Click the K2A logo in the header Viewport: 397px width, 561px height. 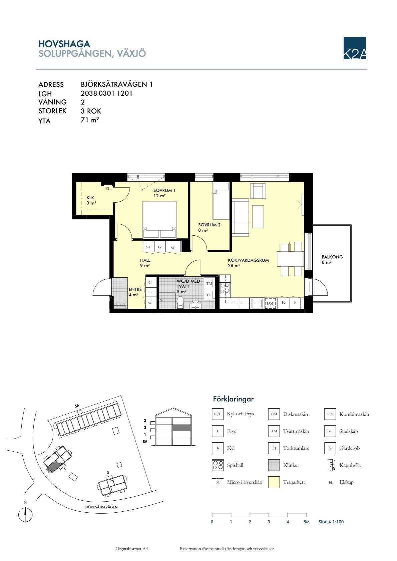[x=354, y=48]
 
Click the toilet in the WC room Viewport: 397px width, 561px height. [x=180, y=302]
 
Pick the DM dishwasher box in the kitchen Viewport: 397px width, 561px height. [x=270, y=303]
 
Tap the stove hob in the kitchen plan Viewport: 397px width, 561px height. [x=225, y=288]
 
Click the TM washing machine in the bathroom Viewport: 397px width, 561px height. [x=209, y=284]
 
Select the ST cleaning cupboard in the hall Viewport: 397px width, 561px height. [x=148, y=247]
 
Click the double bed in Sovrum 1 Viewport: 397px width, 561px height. [x=159, y=219]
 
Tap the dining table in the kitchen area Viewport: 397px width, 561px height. [x=290, y=259]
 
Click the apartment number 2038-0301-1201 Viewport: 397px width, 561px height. [x=106, y=93]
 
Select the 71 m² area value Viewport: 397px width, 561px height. [x=90, y=120]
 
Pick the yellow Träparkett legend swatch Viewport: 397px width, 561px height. [x=274, y=482]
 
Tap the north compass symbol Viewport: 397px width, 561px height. [x=25, y=515]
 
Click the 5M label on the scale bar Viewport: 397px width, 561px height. [x=307, y=522]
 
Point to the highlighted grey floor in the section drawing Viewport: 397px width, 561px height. [x=181, y=428]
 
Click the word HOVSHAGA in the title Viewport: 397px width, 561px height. [x=64, y=44]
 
